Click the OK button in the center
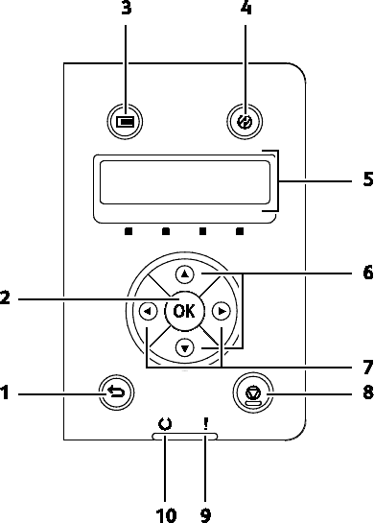(x=184, y=311)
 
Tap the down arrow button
(x=185, y=348)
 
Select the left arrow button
(x=148, y=312)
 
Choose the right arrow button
(x=222, y=312)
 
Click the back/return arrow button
(x=117, y=392)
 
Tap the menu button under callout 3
(x=125, y=121)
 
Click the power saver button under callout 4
(x=245, y=122)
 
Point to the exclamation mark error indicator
(x=205, y=424)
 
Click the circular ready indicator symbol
(x=165, y=424)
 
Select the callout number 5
(x=367, y=179)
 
